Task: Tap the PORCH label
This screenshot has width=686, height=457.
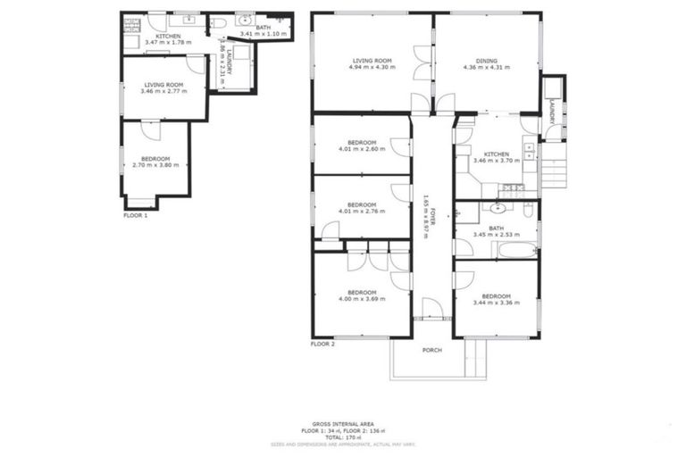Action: tap(432, 349)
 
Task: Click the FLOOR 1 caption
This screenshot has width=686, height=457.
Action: tap(135, 215)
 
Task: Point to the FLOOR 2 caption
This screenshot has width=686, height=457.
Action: tap(322, 344)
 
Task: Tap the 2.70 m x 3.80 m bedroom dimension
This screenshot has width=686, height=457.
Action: tap(155, 165)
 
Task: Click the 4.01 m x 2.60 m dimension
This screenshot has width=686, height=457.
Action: tap(362, 149)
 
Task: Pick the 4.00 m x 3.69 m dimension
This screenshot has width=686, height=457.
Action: tap(362, 299)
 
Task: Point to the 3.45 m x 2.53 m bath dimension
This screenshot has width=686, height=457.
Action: tap(496, 235)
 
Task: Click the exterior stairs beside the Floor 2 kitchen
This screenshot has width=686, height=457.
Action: tap(555, 172)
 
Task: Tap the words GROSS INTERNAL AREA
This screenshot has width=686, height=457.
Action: tap(342, 423)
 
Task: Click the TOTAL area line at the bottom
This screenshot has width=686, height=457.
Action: tap(342, 437)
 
